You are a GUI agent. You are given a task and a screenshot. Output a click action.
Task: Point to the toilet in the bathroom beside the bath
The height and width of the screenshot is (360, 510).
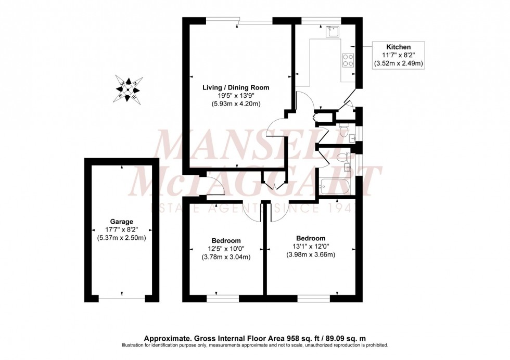[342, 158]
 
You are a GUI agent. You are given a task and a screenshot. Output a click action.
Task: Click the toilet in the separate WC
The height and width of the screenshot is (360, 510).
[343, 131]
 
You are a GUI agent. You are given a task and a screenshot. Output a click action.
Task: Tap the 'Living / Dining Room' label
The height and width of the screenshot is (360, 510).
[236, 87]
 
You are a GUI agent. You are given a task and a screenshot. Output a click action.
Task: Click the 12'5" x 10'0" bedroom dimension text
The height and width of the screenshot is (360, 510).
[225, 249]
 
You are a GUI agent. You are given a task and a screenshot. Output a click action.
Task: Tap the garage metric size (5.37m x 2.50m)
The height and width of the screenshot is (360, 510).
[122, 238]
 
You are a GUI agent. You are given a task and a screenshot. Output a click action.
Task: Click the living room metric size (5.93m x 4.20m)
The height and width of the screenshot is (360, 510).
[236, 104]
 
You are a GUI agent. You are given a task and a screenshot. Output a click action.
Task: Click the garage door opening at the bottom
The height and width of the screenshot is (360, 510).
[122, 299]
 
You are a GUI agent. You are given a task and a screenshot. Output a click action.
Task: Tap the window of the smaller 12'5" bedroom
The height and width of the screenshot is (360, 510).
[223, 299]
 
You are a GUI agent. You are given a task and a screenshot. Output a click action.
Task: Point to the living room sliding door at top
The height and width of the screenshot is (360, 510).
[255, 21]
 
